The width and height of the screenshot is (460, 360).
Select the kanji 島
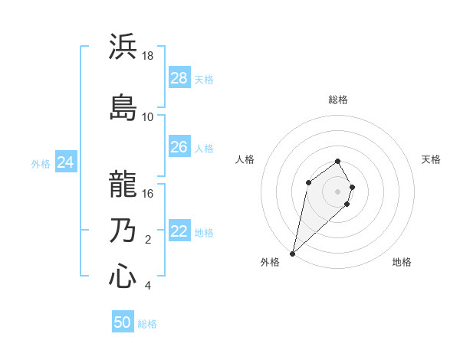pos(123,106)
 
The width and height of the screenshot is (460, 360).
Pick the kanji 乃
pos(123,231)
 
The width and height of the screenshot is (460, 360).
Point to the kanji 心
pos(123,277)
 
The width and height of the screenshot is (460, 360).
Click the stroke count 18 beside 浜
pos(148,56)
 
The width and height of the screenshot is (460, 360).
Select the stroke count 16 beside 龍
pos(148,194)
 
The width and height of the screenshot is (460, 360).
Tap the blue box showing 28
pos(179,78)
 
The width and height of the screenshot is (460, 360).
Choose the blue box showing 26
pos(179,147)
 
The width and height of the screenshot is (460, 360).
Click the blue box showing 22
pos(179,231)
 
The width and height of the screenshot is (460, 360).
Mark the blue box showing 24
pos(66,162)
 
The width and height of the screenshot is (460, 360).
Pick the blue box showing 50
pos(123,322)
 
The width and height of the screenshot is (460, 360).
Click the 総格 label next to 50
pos(147,324)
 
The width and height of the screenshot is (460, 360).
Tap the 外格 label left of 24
pos(41,164)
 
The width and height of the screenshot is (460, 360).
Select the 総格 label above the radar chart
pos(338,100)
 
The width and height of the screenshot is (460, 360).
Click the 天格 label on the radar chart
pos(431,159)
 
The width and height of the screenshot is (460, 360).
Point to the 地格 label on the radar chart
pos(402,262)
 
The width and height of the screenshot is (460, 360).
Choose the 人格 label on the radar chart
pos(245,159)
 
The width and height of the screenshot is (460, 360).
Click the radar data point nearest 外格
pos(292,253)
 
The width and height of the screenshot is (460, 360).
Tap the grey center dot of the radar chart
pos(338,191)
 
